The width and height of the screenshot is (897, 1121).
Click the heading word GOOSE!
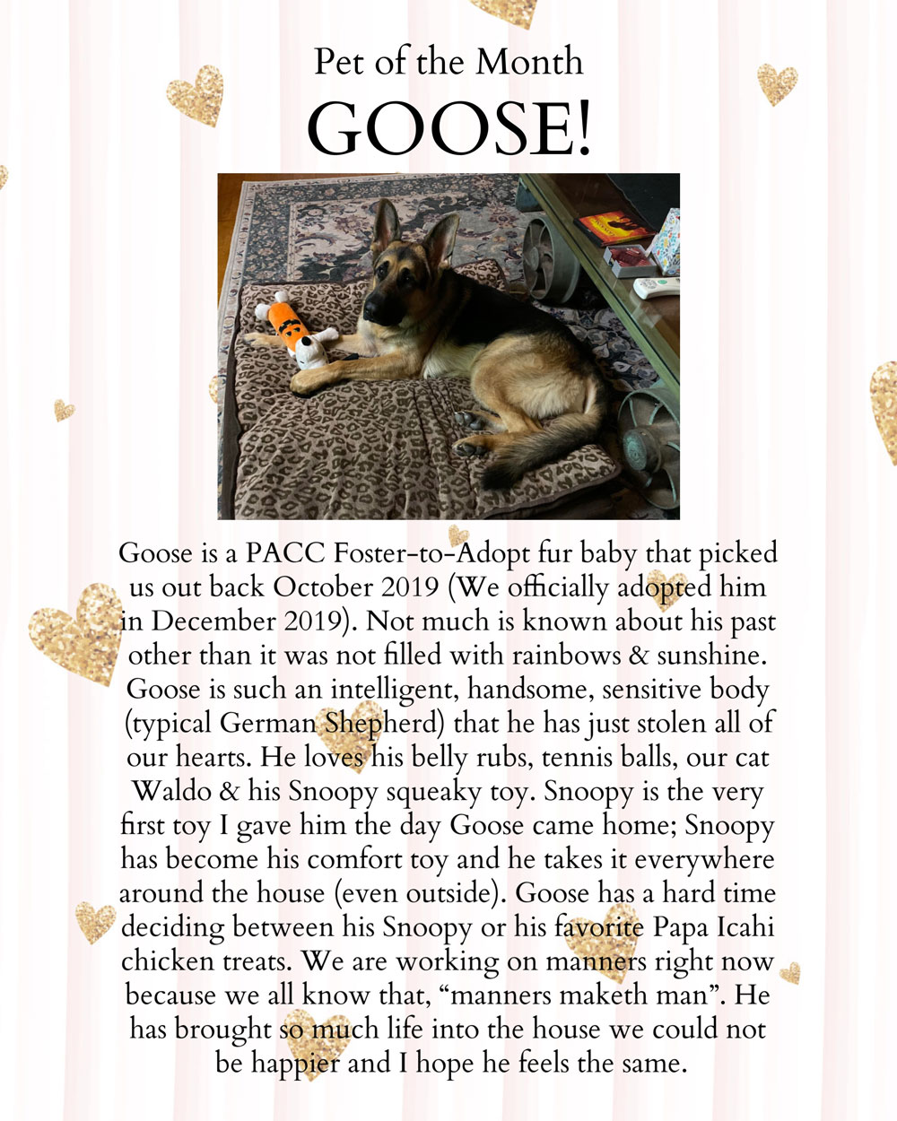(448, 128)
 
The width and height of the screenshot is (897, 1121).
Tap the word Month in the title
(528, 61)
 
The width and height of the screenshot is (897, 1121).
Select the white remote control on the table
(656, 287)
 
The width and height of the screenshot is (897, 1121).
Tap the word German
(268, 724)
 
